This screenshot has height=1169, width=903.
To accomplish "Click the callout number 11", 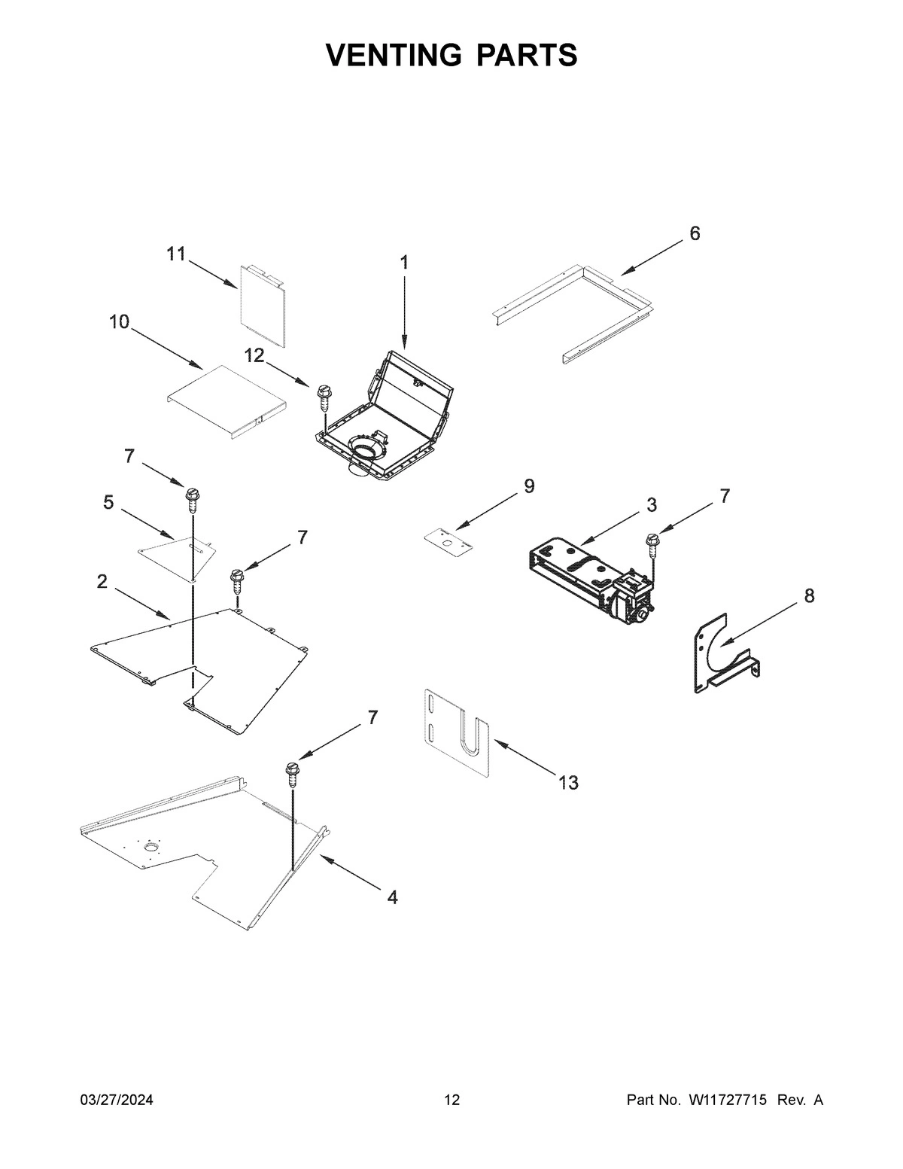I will tap(175, 254).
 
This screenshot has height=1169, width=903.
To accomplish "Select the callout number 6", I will tap(695, 233).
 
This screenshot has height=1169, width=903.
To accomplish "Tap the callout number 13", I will tap(568, 783).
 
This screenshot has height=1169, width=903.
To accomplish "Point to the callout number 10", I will tap(119, 322).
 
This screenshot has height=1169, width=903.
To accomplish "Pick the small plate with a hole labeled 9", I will tap(448, 539).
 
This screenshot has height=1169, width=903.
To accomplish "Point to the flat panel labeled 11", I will tap(263, 305).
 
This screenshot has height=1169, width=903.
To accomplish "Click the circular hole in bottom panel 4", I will tap(151, 849).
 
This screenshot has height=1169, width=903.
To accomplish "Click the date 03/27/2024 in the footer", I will tap(117, 1101).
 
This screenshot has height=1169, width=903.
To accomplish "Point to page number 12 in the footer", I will tap(451, 1101).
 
